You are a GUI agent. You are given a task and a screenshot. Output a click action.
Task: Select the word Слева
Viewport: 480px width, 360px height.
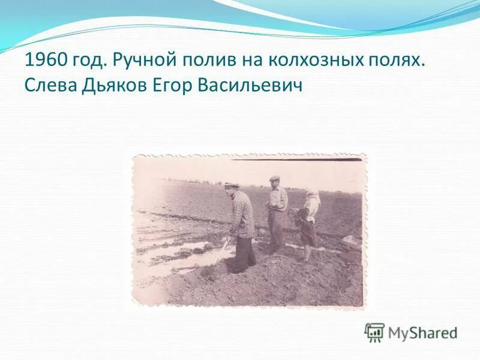(x=50, y=86)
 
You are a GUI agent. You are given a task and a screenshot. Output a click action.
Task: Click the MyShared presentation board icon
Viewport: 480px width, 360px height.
(x=374, y=332)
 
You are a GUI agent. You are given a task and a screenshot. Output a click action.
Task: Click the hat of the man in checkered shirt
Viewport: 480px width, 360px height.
(x=232, y=184)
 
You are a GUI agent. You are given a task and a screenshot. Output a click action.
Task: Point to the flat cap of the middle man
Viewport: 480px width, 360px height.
(x=275, y=178)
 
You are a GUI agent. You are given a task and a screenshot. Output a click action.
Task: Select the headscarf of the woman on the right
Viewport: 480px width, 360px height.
(x=312, y=195)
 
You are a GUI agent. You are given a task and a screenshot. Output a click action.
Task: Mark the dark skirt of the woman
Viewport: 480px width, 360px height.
(x=308, y=233)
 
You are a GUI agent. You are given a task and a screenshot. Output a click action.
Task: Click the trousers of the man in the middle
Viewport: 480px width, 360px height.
(x=276, y=228)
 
